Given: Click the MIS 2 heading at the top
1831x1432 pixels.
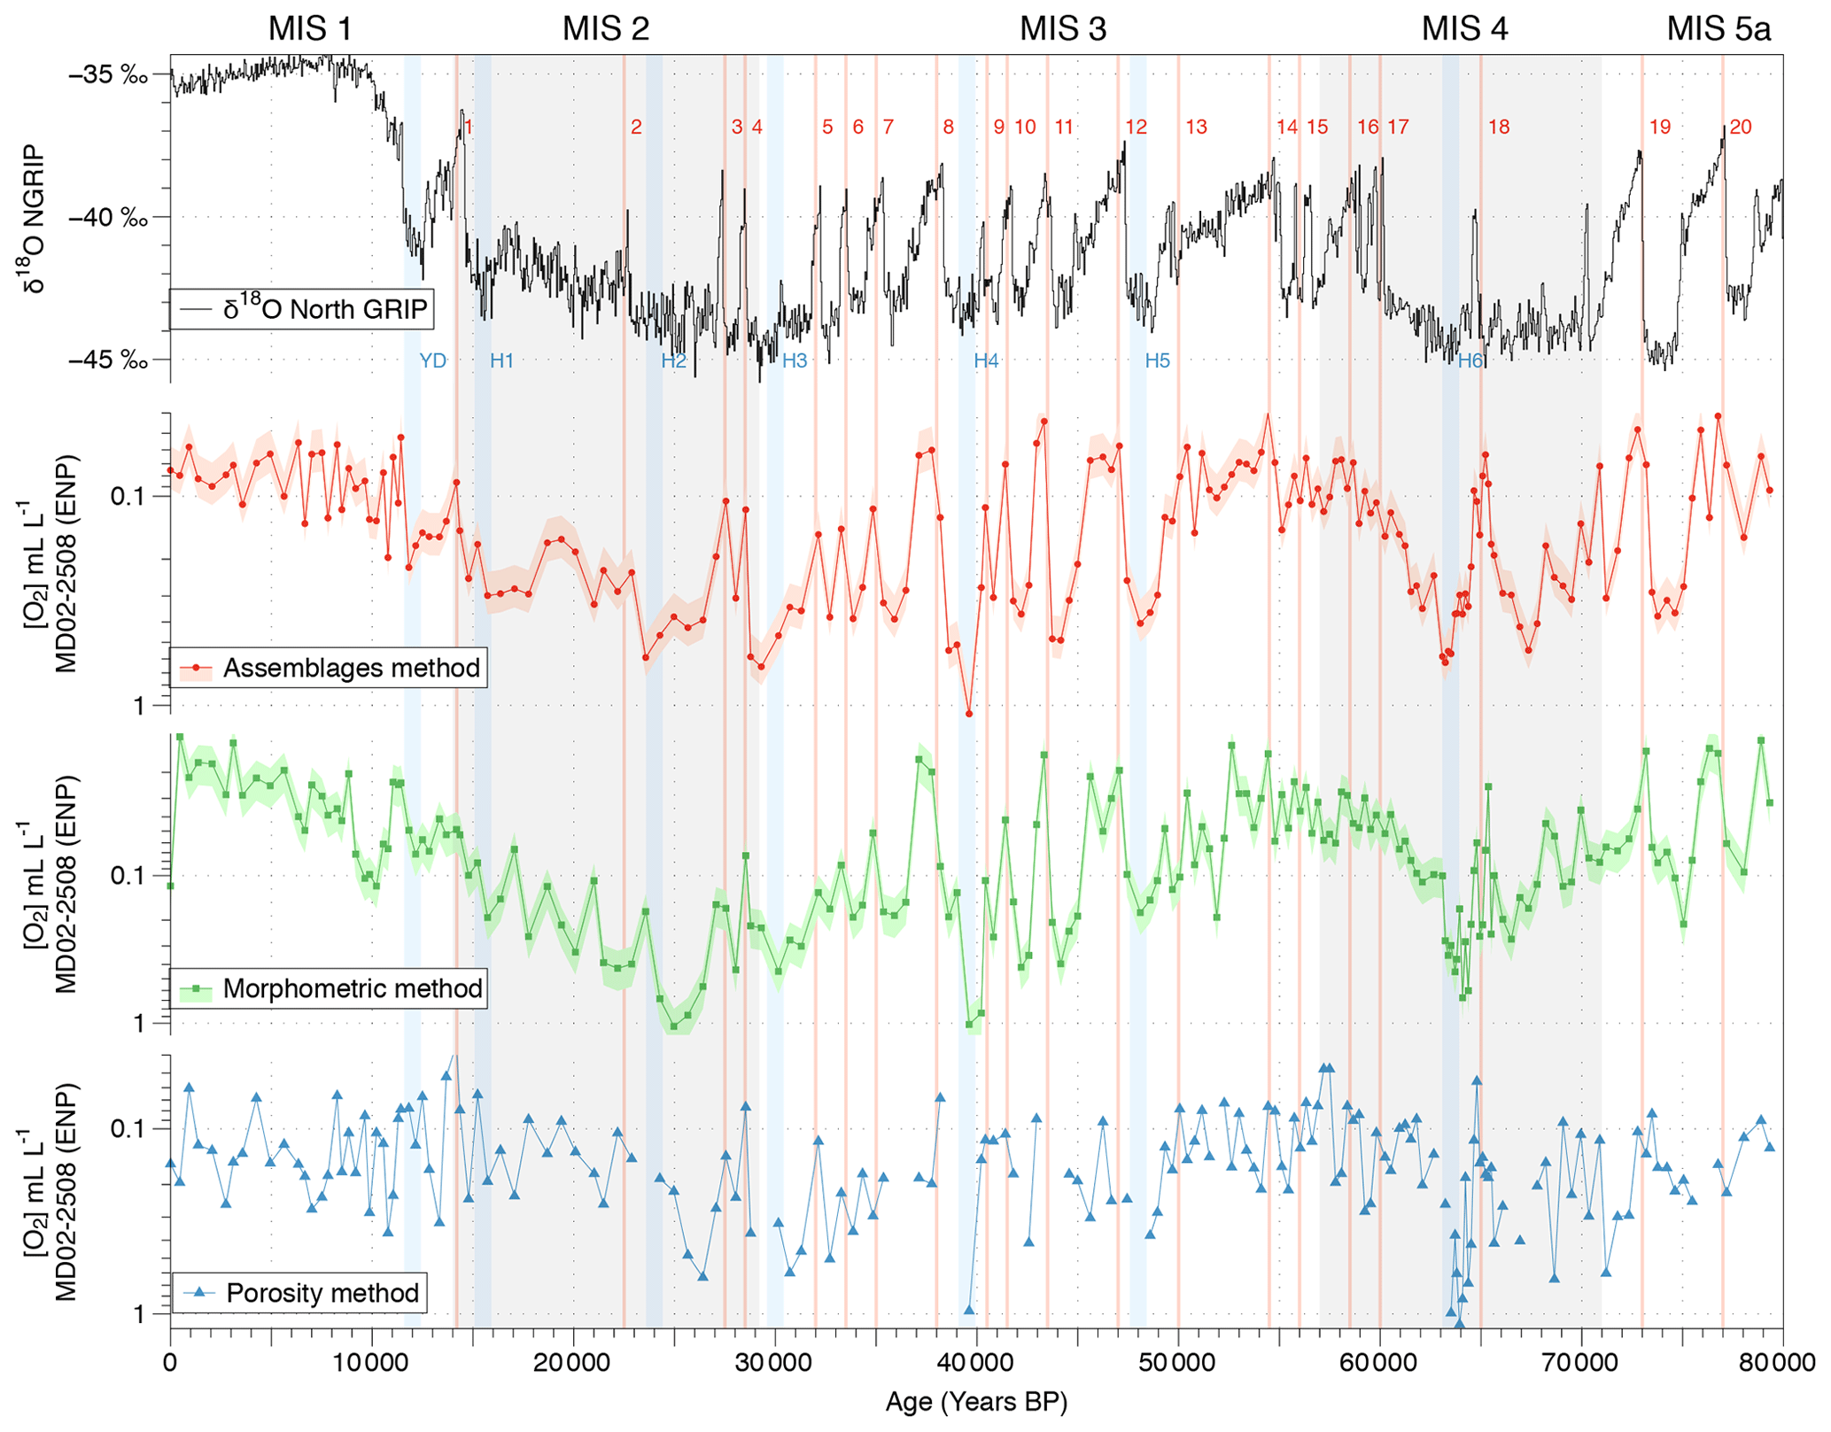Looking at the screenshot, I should [606, 29].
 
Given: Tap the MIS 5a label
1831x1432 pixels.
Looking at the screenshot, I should [1718, 29].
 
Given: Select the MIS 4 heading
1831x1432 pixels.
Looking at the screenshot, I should [1463, 29].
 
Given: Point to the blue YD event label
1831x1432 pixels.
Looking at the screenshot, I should [432, 360].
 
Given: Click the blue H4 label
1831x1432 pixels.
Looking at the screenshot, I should [985, 360].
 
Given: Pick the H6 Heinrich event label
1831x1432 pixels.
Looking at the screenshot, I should [1470, 360].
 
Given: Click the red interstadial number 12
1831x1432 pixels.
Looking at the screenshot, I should [1136, 127].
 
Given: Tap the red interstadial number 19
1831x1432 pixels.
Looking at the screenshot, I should [1659, 127].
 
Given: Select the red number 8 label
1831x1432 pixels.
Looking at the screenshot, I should [948, 127].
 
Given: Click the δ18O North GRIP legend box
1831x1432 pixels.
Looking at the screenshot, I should [302, 308].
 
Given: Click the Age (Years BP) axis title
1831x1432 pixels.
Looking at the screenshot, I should [976, 1402].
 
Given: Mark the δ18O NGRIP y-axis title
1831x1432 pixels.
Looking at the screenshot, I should [34, 218].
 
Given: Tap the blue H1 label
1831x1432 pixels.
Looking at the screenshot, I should [501, 360].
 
